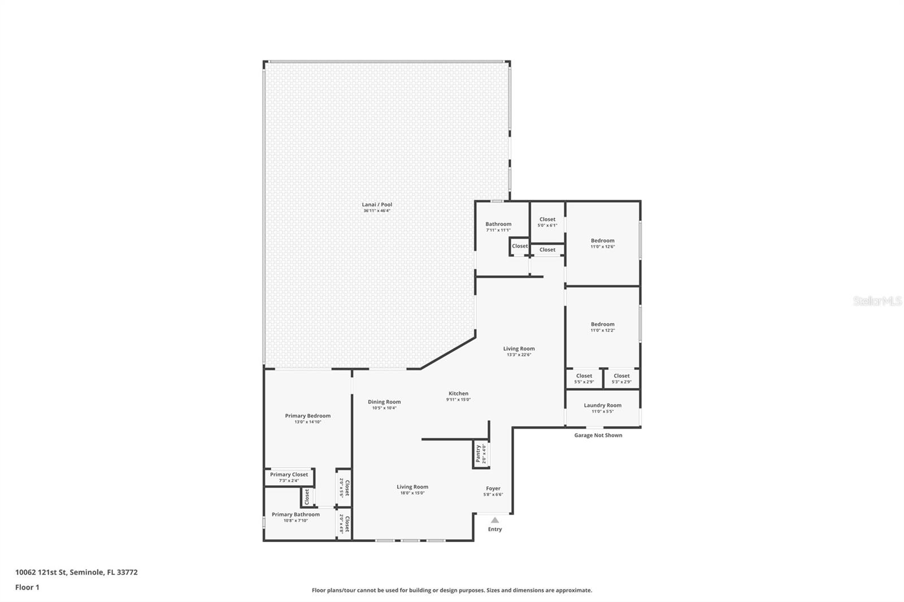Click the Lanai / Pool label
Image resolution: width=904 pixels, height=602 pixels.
click(377, 205)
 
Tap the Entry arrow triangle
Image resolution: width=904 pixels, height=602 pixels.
click(495, 520)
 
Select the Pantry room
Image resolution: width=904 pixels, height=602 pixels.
click(481, 453)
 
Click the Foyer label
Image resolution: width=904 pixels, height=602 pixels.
click(493, 488)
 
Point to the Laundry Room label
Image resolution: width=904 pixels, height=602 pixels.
click(602, 405)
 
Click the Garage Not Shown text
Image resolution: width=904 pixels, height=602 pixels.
click(598, 435)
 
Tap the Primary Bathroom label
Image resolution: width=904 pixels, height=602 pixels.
click(295, 514)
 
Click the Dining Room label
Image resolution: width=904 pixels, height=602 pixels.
click(384, 402)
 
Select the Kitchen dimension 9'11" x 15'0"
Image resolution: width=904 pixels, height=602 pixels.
click(458, 400)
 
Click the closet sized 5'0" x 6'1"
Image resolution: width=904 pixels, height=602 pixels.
click(547, 222)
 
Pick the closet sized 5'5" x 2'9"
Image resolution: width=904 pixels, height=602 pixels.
click(584, 378)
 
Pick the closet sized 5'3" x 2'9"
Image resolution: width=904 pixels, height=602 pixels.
click(621, 378)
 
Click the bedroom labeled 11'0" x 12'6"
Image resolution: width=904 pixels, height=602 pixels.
click(602, 243)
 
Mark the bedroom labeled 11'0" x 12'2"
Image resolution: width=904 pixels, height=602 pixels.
click(602, 327)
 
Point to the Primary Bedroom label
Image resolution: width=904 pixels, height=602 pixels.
click(308, 416)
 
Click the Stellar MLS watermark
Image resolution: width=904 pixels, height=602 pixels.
click(877, 302)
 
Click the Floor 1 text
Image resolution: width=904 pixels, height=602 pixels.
click(27, 587)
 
